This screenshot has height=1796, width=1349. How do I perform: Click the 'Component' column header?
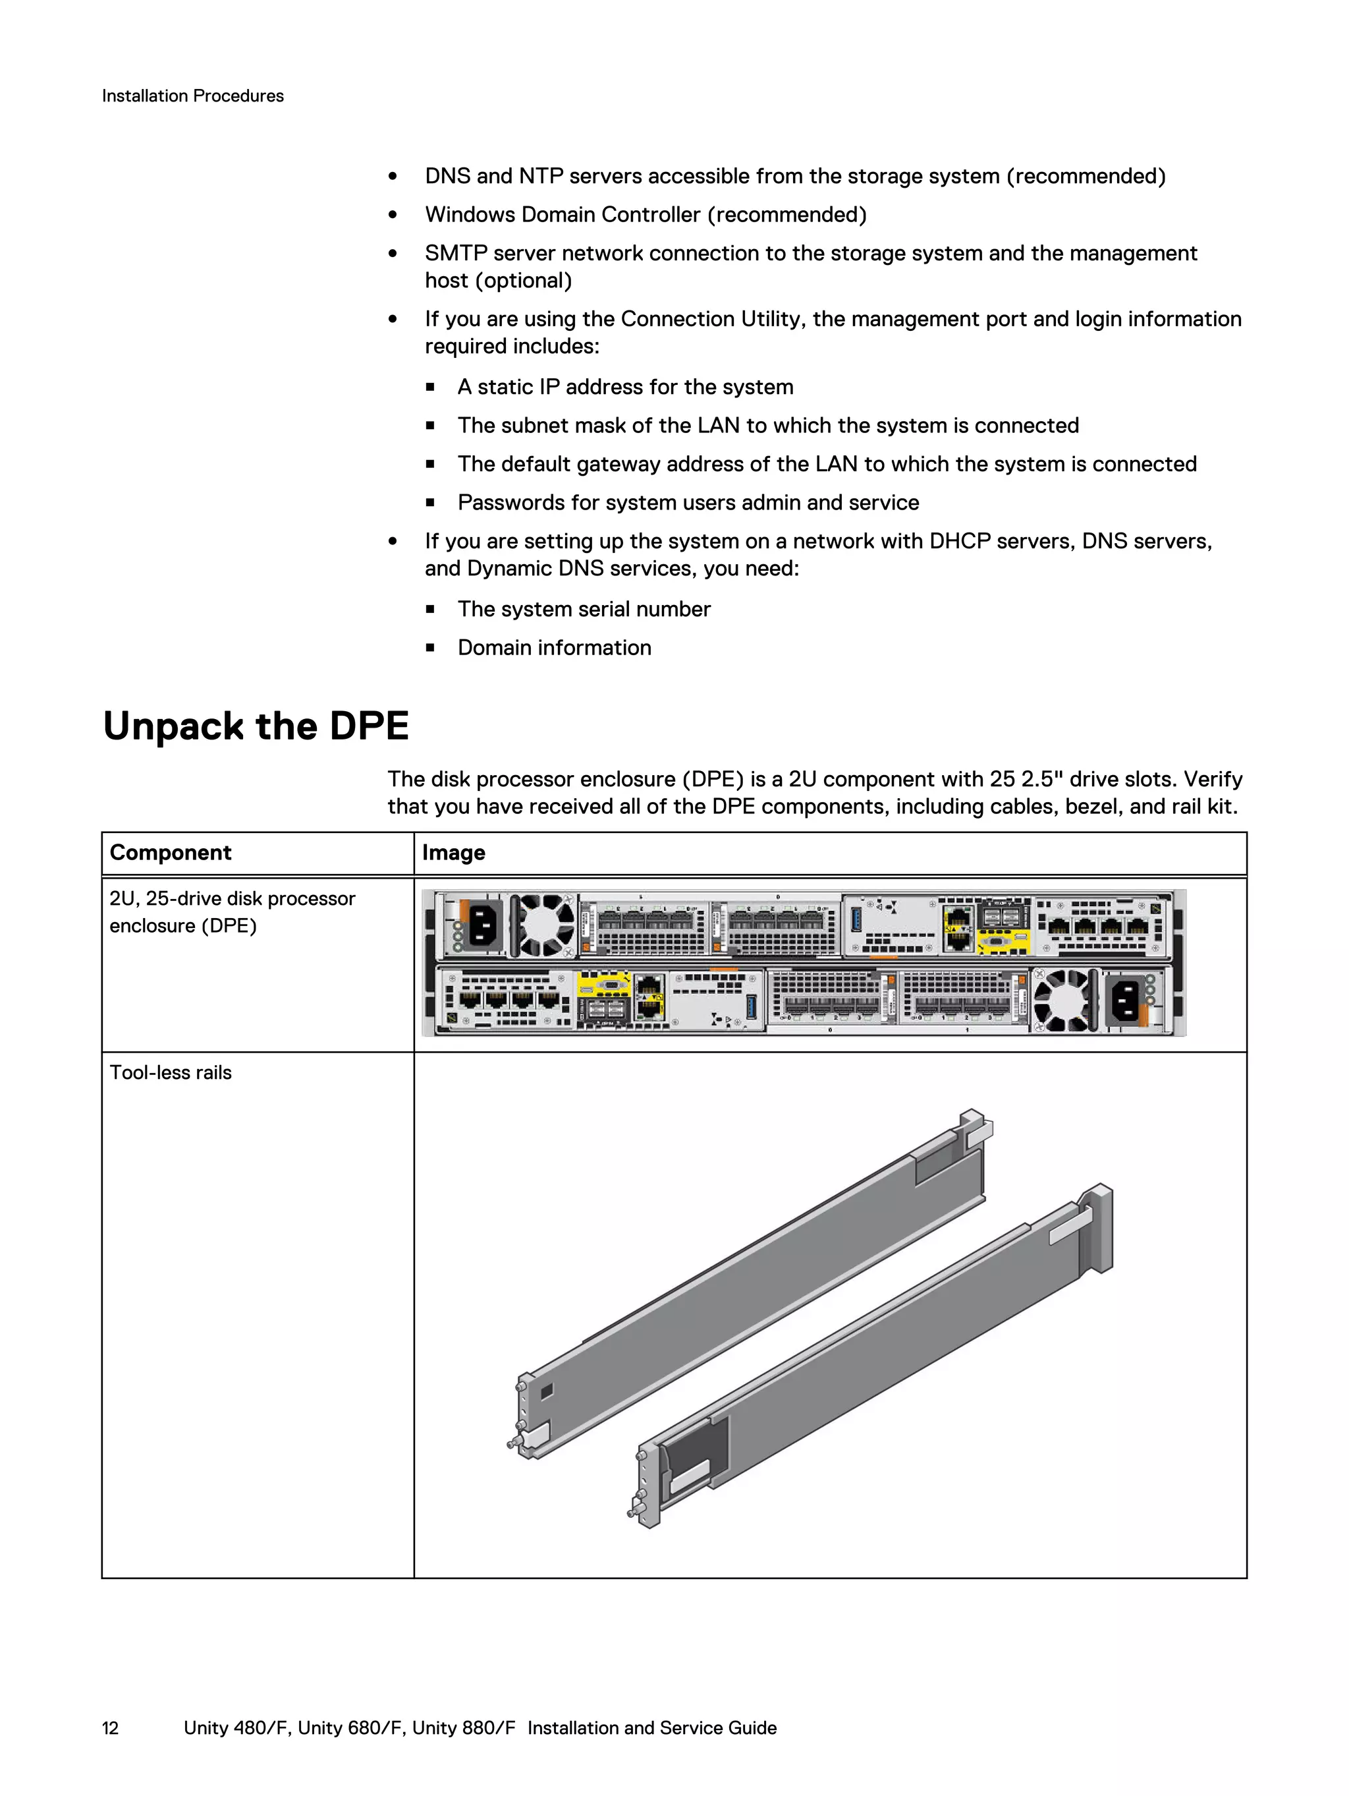tap(171, 853)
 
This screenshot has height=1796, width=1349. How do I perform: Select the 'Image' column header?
tap(453, 853)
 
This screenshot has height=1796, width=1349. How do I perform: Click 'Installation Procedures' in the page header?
tap(192, 96)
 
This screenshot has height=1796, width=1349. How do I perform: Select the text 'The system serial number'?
tap(584, 609)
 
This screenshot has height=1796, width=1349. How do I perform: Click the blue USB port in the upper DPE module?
tap(855, 920)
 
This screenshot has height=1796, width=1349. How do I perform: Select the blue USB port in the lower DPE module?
tap(751, 1005)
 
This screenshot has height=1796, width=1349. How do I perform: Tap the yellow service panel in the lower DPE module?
tap(604, 985)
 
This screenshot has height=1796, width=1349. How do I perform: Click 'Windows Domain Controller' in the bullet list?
tap(563, 215)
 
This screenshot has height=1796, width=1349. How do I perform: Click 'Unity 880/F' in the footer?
tap(464, 1728)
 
